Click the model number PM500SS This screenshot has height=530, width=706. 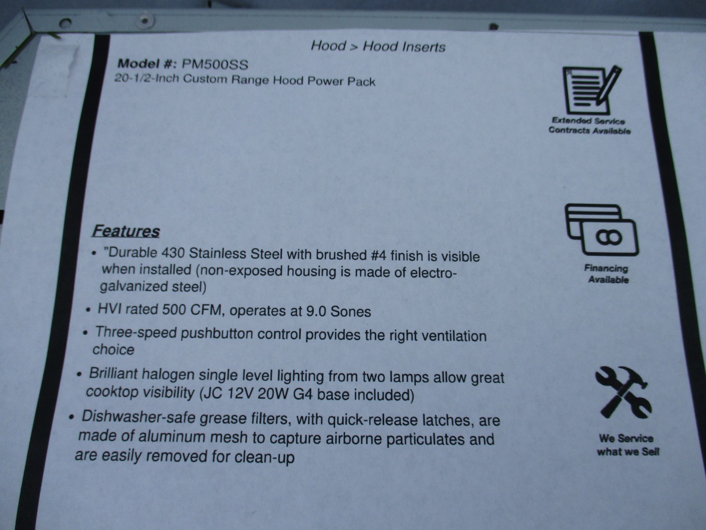coord(215,64)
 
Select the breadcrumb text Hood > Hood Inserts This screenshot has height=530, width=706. coord(378,46)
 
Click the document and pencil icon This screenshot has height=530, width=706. coord(592,90)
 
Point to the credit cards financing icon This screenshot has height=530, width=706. coord(601,230)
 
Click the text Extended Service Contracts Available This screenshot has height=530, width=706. coord(589,126)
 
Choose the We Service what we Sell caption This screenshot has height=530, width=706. coord(627,445)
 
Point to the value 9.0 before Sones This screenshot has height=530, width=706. coord(316,311)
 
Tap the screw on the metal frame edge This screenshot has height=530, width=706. coord(144,21)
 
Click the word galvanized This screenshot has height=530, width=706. coord(134,286)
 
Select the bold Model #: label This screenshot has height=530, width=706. coord(147,63)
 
